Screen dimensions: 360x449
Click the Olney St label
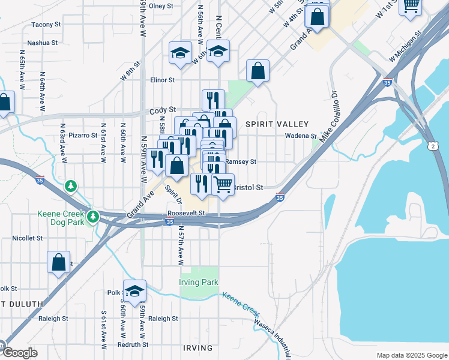[x=161, y=6]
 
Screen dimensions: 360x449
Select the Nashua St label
[x=42, y=43]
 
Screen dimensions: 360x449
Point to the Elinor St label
[x=162, y=80]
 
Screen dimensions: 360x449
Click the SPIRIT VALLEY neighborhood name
[x=277, y=124]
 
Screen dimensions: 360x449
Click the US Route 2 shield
[x=432, y=146]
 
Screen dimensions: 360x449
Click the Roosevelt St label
[x=186, y=213]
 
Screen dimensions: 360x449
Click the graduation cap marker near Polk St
[x=135, y=291]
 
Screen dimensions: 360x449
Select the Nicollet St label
[x=28, y=238]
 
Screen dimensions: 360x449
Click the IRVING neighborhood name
[x=197, y=348]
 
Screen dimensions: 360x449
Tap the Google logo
[x=19, y=353]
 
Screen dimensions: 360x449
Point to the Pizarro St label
[x=83, y=136]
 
